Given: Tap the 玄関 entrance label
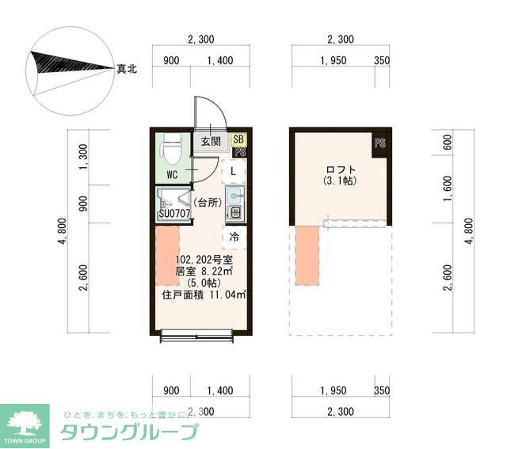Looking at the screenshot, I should click(x=210, y=142).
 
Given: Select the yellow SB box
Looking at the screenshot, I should click(x=238, y=139).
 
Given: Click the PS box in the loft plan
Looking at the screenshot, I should click(x=380, y=143).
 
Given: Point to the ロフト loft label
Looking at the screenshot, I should click(x=341, y=170).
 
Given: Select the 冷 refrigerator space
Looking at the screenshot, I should click(x=234, y=236).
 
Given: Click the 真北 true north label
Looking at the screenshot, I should click(x=127, y=70).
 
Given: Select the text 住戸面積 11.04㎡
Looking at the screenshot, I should click(x=204, y=295).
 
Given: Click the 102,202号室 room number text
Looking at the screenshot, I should click(x=204, y=259).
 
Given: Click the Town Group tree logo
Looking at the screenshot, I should click(x=26, y=419).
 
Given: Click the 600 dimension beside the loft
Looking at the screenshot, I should click(x=448, y=143).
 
